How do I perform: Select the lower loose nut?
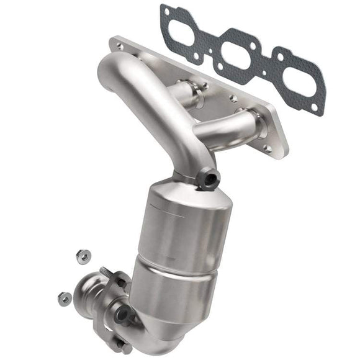[x=64, y=299]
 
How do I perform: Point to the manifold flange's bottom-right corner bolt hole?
[x=268, y=148]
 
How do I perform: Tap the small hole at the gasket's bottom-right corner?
[x=315, y=107]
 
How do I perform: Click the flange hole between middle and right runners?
[x=233, y=98]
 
